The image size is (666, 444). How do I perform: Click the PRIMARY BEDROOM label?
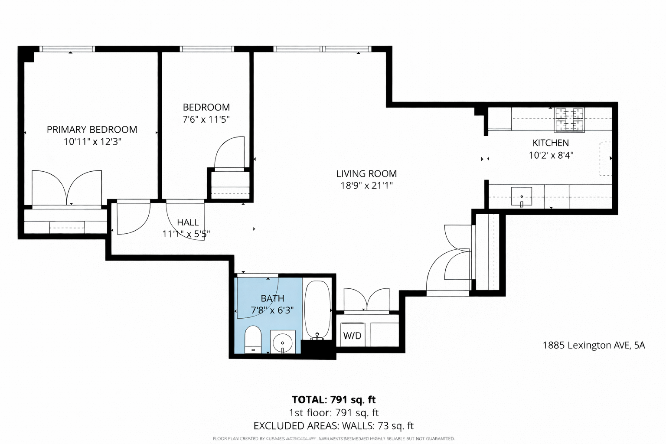(92, 130)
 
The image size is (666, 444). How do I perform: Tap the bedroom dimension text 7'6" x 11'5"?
(206, 119)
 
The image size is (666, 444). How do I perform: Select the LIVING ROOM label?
(366, 174)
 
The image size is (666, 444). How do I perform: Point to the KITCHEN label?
(550, 143)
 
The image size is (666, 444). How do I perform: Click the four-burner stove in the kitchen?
(569, 119)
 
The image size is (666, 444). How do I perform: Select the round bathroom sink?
(283, 343)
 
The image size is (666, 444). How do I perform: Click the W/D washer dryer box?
(352, 335)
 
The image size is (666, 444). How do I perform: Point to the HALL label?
(188, 222)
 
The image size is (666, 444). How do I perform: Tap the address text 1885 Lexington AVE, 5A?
(594, 345)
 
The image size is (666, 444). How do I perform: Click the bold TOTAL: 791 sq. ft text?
(333, 400)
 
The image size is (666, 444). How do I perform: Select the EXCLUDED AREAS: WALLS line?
(333, 426)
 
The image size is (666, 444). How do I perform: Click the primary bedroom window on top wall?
(67, 49)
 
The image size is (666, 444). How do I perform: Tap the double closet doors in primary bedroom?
(67, 188)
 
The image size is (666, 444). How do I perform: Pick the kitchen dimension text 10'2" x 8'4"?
(551, 155)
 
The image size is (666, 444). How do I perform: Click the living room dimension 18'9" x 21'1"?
(366, 186)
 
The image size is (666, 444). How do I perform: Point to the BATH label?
(272, 298)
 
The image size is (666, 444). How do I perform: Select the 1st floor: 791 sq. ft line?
(333, 413)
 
